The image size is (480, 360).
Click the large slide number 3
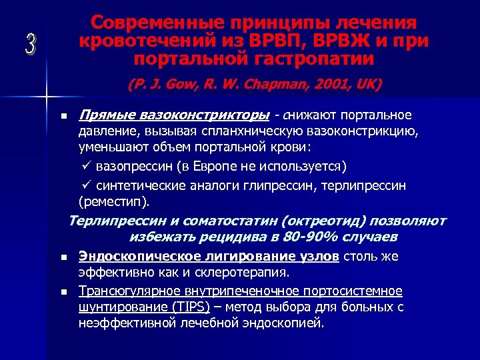tap(30, 44)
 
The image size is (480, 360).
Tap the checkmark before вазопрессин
tap(84, 165)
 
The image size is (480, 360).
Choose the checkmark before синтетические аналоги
tap(84, 185)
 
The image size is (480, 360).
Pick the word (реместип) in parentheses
tap(114, 201)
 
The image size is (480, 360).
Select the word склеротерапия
tap(249, 271)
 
